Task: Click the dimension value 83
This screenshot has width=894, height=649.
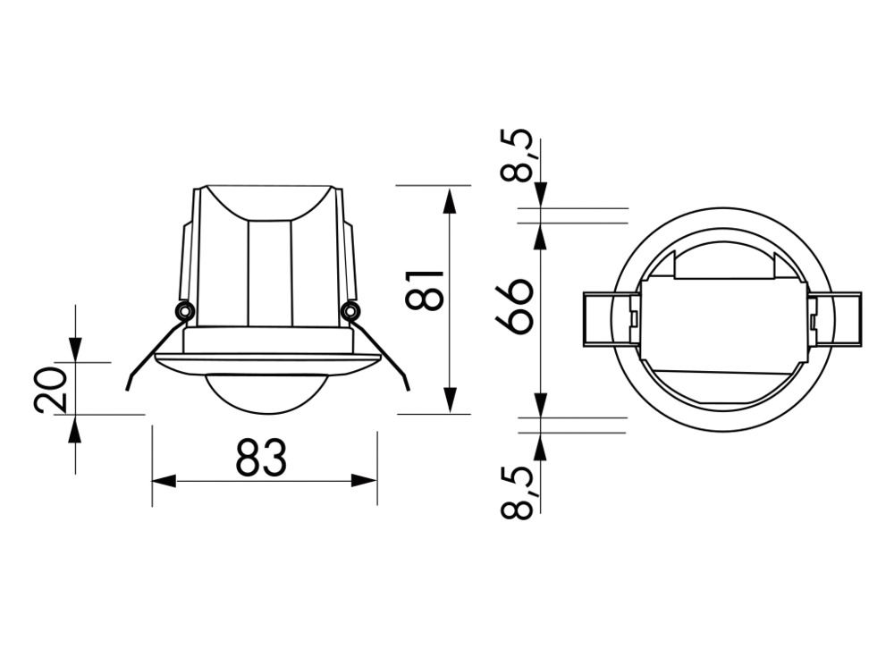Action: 261,458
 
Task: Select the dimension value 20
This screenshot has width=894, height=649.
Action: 52,389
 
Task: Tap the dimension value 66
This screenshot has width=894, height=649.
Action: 515,306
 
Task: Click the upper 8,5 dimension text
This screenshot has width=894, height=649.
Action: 516,156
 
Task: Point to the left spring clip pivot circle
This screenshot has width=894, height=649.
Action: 184,310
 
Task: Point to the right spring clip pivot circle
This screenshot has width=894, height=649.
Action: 350,310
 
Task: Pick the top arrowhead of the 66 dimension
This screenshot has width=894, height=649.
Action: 540,234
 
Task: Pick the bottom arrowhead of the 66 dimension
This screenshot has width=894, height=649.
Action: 540,404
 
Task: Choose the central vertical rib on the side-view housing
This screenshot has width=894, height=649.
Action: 269,273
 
